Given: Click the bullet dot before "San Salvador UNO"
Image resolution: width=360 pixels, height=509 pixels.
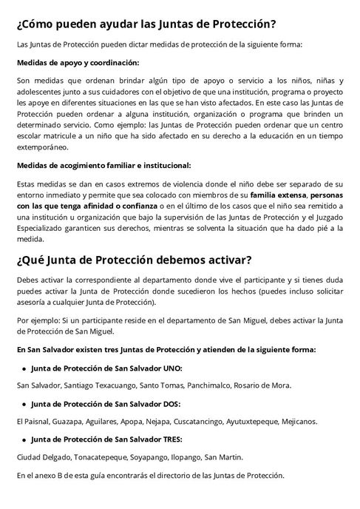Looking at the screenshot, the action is click(25, 368).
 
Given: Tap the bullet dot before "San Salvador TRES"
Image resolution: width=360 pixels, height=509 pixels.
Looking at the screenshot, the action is click(25, 439).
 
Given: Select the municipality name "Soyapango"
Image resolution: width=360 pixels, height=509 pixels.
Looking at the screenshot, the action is click(149, 456).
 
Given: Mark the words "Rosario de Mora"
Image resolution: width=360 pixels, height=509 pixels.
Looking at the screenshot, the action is click(263, 385).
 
